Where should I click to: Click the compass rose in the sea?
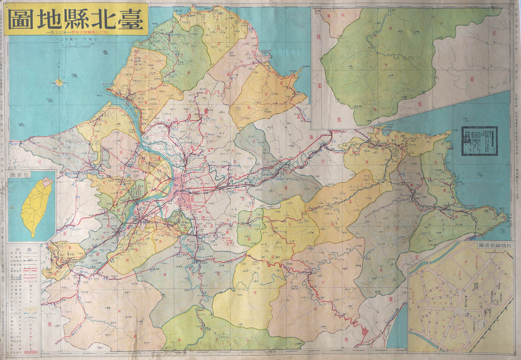(x=60, y=82)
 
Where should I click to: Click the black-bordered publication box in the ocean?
(x=479, y=141)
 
